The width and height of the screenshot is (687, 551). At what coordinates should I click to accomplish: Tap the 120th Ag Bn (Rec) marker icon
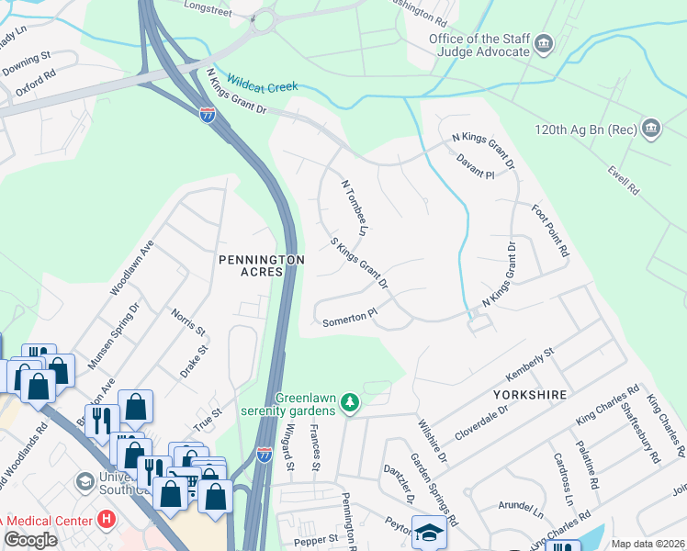651,127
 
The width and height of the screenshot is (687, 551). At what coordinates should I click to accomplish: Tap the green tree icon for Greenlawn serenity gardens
349,403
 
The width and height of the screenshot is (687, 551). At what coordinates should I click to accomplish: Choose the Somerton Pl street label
350,317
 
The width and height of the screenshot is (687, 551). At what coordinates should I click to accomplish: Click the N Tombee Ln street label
355,207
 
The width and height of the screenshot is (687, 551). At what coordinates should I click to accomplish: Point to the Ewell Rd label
622,181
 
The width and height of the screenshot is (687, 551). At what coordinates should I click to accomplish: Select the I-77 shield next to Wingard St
264,455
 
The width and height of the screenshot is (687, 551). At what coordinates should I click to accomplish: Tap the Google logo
31,539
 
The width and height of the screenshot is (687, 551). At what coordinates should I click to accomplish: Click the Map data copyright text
647,544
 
